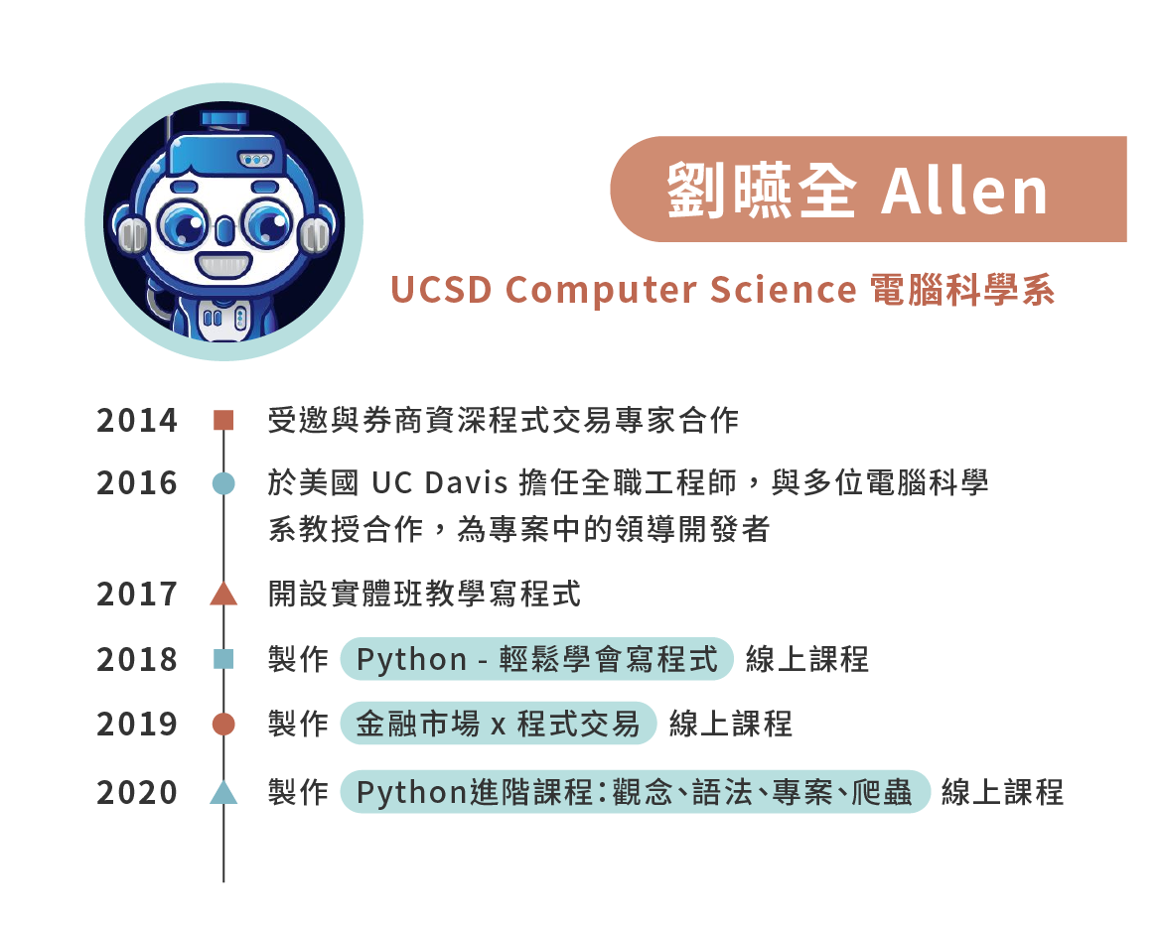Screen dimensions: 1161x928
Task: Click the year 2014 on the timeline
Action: coord(137,421)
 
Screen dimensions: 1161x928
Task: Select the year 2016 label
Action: coord(137,483)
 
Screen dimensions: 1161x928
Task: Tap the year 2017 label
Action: coord(137,595)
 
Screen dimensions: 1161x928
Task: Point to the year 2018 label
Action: coord(137,659)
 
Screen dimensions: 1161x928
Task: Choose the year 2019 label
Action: coord(137,724)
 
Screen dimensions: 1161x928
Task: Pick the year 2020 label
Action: coord(137,793)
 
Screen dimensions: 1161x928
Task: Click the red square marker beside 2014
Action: coord(223,421)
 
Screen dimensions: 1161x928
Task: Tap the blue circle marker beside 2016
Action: coord(223,483)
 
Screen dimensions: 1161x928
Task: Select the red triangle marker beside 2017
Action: coord(223,595)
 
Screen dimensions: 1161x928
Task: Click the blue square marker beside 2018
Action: coord(223,659)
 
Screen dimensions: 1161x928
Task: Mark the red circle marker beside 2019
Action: coord(223,724)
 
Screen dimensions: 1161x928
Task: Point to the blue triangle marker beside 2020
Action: coord(223,793)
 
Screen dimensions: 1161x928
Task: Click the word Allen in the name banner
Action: coord(964,191)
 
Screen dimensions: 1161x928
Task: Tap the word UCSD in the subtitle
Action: coord(441,290)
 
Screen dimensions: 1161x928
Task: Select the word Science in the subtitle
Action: coord(783,290)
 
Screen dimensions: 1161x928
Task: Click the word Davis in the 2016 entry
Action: coord(467,483)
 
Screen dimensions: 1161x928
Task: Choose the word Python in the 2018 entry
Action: coord(412,660)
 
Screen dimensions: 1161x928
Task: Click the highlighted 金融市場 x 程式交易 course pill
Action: coord(499,724)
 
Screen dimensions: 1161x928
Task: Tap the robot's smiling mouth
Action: coord(223,264)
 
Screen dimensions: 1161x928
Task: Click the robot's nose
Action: coord(224,231)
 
